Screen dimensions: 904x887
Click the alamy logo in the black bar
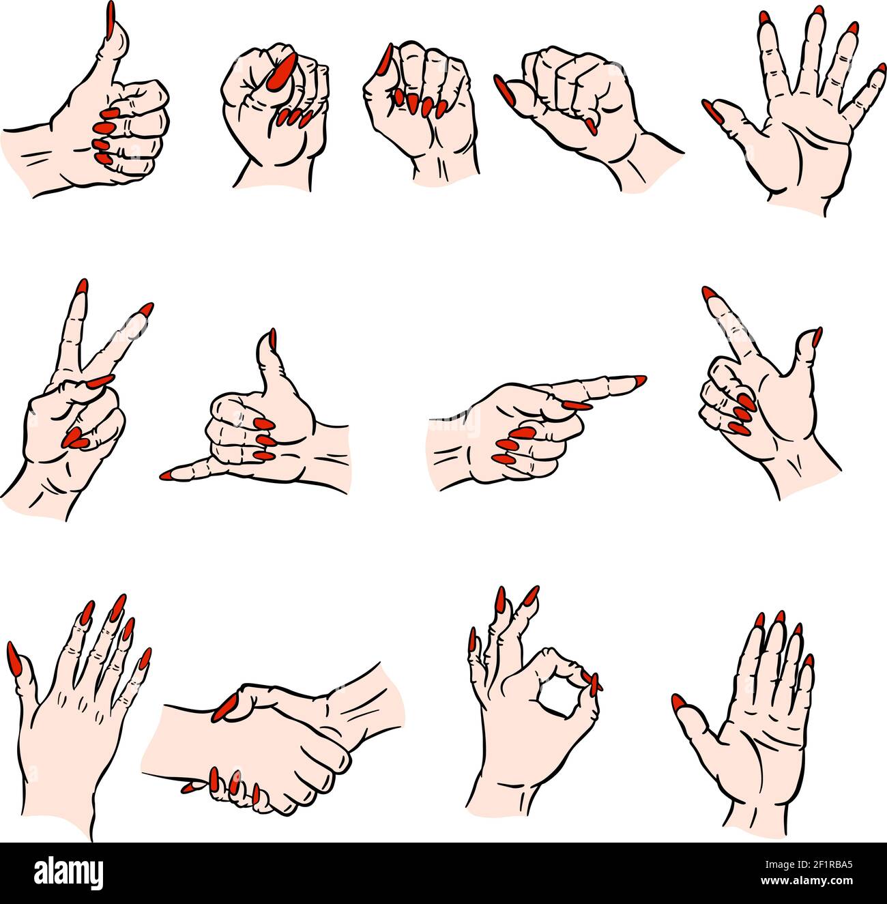point(69,873)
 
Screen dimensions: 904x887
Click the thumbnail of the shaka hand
point(272,339)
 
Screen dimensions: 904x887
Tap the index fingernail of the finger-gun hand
point(712,295)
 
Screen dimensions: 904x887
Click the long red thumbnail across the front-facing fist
point(280,70)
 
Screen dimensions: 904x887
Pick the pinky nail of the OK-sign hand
point(471,641)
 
